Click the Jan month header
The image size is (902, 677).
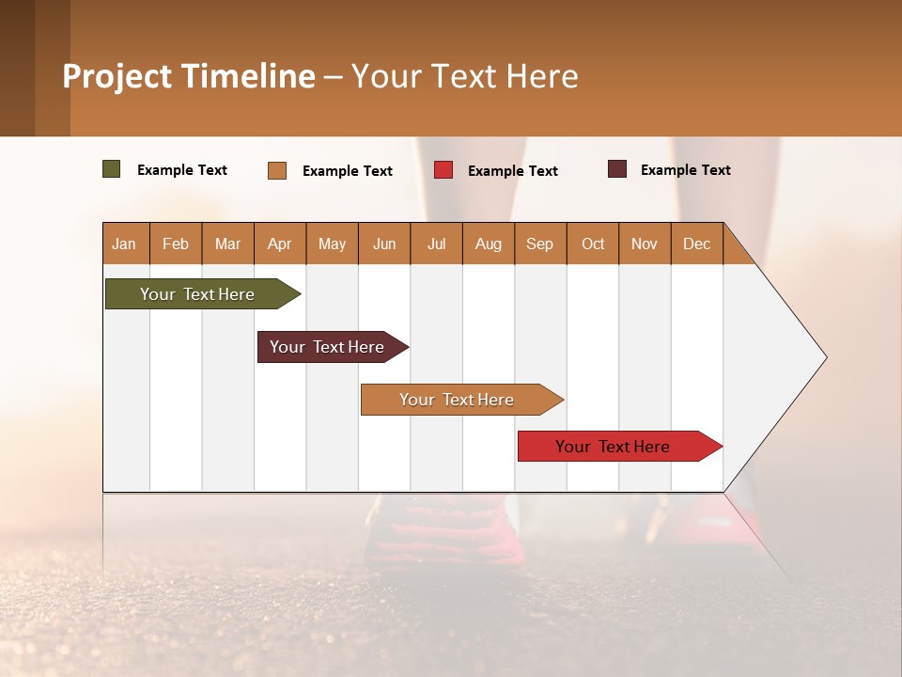pos(124,244)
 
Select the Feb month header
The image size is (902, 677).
pos(176,244)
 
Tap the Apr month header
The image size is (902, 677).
pos(279,244)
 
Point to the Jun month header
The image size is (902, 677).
pos(384,244)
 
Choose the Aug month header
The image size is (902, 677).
pos(488,244)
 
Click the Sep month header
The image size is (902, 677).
pos(539,244)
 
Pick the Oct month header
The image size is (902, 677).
pos(593,244)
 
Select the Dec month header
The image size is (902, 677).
pos(696,244)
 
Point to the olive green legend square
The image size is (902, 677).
pos(112,169)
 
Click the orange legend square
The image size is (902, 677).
pos(277,170)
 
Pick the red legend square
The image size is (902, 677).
pos(443,170)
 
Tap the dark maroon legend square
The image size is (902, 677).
pos(617,169)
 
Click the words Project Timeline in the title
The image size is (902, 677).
pos(189,76)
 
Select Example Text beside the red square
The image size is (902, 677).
pos(512,171)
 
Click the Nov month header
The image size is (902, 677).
pos(644,244)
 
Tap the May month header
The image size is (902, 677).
pos(332,244)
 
